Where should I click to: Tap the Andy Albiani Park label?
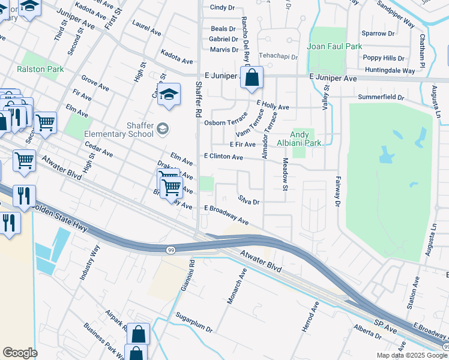point(306,139)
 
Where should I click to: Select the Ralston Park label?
point(40,69)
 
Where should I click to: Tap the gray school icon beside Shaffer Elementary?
point(162,129)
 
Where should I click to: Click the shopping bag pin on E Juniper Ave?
point(253,77)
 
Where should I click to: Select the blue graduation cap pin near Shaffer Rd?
point(169,94)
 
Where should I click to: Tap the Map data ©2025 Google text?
point(412,355)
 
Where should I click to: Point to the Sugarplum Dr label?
point(194,322)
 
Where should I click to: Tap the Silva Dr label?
point(248,201)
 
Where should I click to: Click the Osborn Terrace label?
point(226,122)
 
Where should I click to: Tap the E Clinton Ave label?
point(223,157)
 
